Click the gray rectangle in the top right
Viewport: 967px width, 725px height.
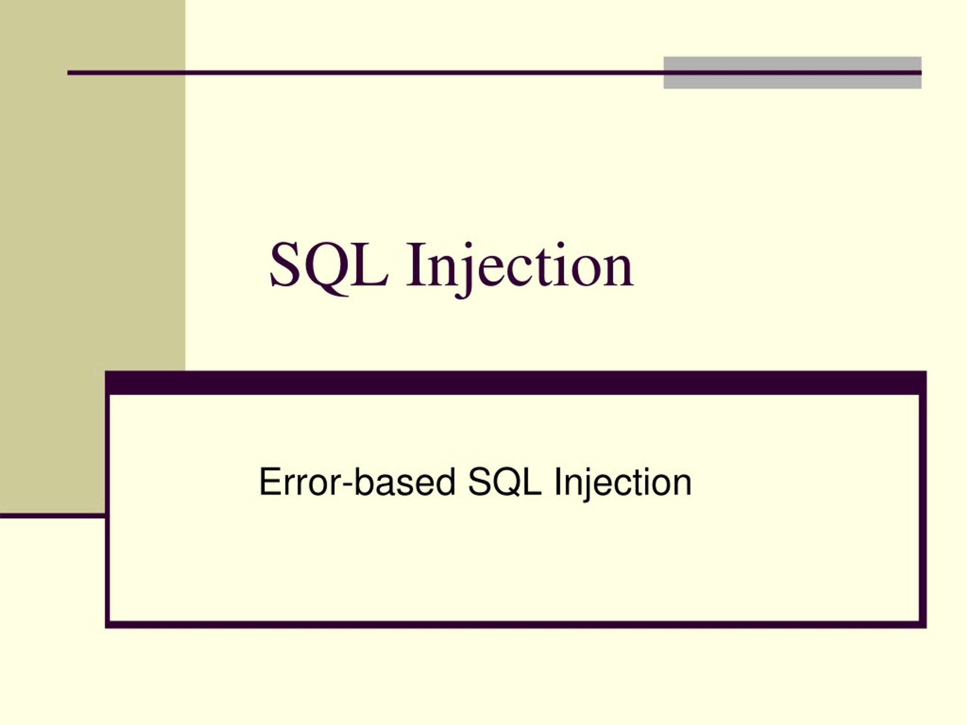pos(792,63)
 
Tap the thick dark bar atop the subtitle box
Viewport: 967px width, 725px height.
pos(516,383)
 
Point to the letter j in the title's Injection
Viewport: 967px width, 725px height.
pos(464,269)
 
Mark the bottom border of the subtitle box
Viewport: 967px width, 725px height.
pos(516,625)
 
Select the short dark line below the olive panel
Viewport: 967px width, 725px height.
pos(53,516)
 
